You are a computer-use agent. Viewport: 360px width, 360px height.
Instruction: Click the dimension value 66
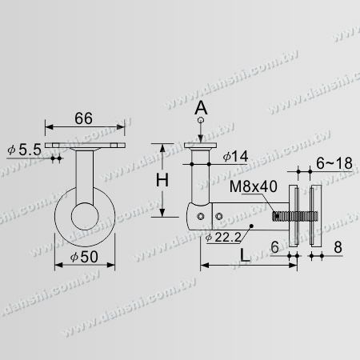(84, 118)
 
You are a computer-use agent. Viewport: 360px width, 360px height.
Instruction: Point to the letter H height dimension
(161, 180)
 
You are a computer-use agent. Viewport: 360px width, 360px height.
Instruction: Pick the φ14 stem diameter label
(230, 157)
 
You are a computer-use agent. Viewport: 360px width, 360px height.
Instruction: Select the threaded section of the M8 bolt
(281, 216)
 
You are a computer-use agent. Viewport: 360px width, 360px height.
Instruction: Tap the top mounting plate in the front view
(85, 146)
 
